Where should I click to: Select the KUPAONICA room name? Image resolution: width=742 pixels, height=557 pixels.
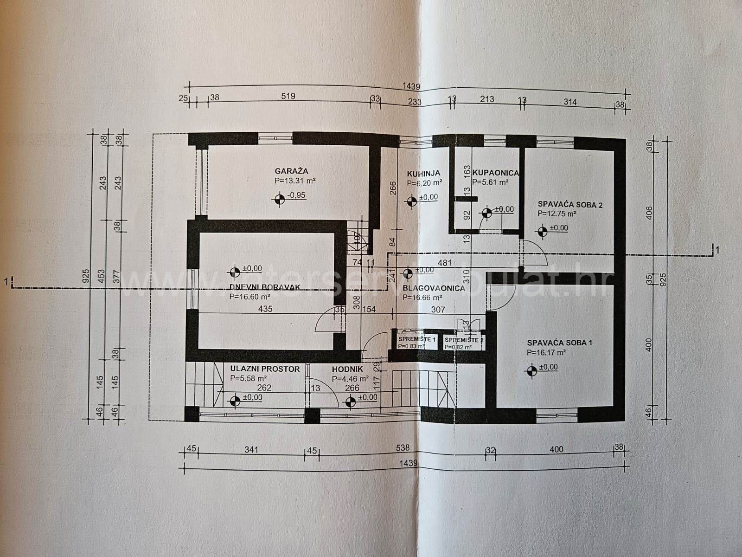[x=495, y=173]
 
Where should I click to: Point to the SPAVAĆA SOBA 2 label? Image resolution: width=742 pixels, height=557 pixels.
[x=570, y=204]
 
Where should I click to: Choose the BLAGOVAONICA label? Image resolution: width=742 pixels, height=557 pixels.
[x=434, y=288]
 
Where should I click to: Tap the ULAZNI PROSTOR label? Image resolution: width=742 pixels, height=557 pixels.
[x=265, y=369]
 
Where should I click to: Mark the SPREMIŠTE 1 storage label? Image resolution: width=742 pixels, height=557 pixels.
[x=417, y=340]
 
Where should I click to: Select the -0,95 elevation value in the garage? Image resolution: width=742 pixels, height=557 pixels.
[x=297, y=195]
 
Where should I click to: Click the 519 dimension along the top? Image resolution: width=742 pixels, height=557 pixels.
[x=288, y=97]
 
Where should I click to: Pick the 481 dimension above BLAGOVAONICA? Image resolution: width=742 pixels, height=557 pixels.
[x=445, y=262]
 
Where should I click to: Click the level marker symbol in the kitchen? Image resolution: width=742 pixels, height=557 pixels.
[x=411, y=201]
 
